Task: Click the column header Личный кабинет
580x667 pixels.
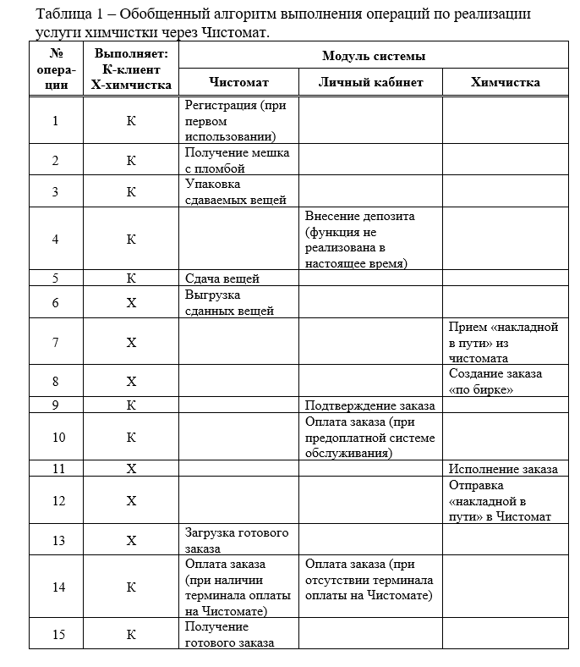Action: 370,82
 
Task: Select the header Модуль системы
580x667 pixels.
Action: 373,56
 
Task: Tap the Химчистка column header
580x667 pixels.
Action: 505,82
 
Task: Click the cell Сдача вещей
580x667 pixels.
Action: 222,278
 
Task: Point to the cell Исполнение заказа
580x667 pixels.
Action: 503,468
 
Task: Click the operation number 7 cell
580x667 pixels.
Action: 56,342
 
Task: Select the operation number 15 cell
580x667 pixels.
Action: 56,633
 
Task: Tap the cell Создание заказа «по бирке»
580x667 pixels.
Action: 495,381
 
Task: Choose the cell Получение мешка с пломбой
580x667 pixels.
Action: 238,160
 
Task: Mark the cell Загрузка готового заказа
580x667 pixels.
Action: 237,540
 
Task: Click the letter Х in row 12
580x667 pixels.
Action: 131,500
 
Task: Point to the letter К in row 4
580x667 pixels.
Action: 131,239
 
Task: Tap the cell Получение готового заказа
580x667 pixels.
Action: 229,633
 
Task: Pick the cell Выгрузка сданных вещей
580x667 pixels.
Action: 229,302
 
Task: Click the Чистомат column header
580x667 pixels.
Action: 238,82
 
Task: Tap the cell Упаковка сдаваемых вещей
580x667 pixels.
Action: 235,191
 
